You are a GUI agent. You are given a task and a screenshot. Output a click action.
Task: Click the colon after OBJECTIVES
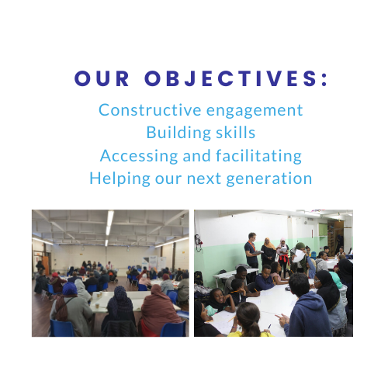tap(324, 79)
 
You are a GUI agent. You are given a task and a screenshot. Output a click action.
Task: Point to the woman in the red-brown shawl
tap(158, 314)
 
